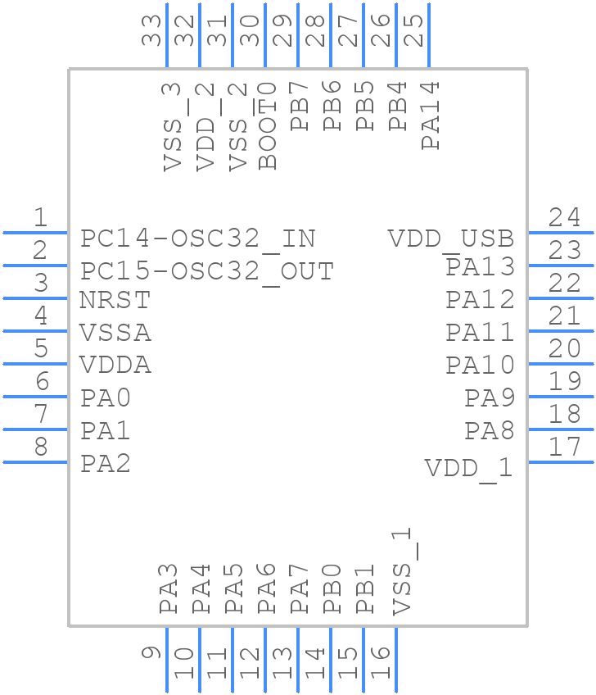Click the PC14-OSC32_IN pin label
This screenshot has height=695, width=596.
coord(197,238)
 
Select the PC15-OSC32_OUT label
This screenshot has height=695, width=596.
coord(207,271)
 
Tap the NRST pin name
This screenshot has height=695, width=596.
coord(115,301)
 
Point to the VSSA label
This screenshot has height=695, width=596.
coord(115,334)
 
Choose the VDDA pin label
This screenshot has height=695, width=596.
coord(115,365)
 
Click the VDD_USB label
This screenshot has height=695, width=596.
coord(451,239)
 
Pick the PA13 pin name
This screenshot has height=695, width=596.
coord(480,267)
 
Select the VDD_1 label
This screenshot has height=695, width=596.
coord(468,469)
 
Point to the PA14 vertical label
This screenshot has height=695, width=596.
coord(431,115)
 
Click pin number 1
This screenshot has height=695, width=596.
coord(39,218)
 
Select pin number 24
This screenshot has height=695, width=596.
coord(565,218)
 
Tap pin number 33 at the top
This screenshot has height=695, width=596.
coord(151,32)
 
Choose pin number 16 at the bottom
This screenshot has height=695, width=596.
coord(381,662)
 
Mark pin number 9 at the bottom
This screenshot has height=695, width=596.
coord(151,653)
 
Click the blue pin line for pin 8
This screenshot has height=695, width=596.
coord(35,462)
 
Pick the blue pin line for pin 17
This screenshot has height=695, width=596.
coord(562,462)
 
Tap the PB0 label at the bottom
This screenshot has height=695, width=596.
coord(332,588)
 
